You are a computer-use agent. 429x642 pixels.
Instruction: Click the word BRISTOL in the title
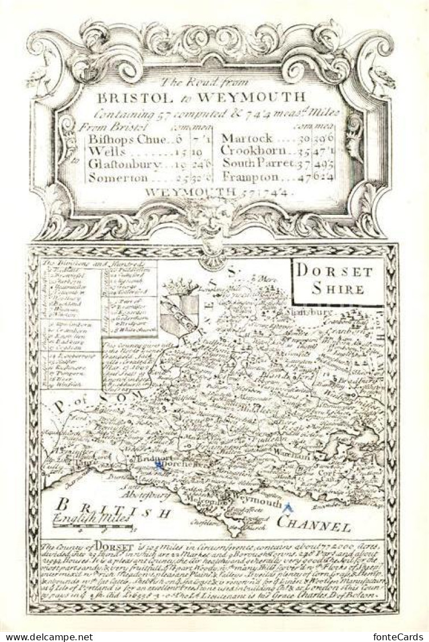[139, 96]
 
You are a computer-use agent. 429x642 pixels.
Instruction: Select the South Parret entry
[258, 164]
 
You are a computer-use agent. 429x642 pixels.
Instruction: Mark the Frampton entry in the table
[250, 177]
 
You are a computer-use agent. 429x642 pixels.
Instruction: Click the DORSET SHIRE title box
[338, 280]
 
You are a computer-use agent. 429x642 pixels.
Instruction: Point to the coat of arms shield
[179, 315]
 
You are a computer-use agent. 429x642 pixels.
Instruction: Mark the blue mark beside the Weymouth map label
[288, 507]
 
